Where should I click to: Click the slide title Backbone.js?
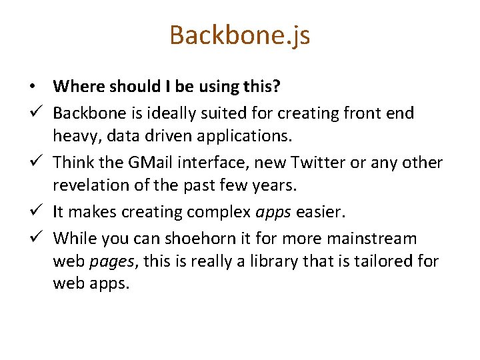[x=239, y=35]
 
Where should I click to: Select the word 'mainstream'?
[x=374, y=237]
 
